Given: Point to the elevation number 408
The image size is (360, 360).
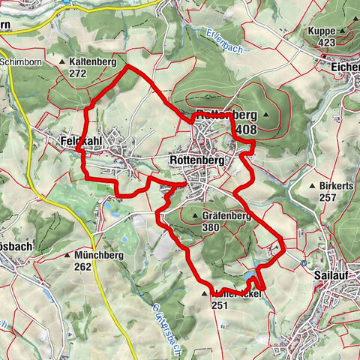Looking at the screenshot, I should point(245,130).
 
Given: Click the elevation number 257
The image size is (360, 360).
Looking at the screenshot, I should point(326,197).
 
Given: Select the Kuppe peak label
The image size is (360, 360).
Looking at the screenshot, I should point(322,31).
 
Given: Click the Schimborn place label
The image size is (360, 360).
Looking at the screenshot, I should point(19,62).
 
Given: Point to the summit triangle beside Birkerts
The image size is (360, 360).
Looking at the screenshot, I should point(312,185).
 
